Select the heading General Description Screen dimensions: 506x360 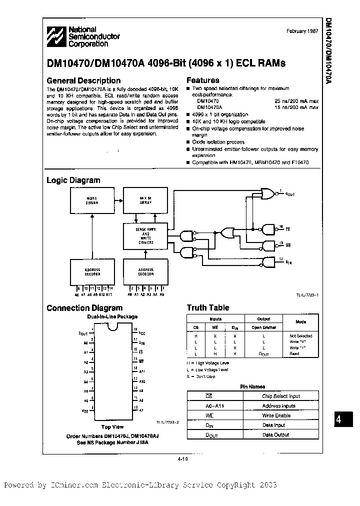pos(83,80)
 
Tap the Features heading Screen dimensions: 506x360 pos(202,80)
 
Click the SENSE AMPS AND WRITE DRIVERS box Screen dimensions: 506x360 pos(145,236)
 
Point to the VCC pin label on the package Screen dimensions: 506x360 pos(142,332)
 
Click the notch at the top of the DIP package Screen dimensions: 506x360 pos(113,327)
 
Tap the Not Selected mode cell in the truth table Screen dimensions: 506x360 pos(300,336)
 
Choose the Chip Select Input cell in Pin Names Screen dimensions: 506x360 pos(281,396)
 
